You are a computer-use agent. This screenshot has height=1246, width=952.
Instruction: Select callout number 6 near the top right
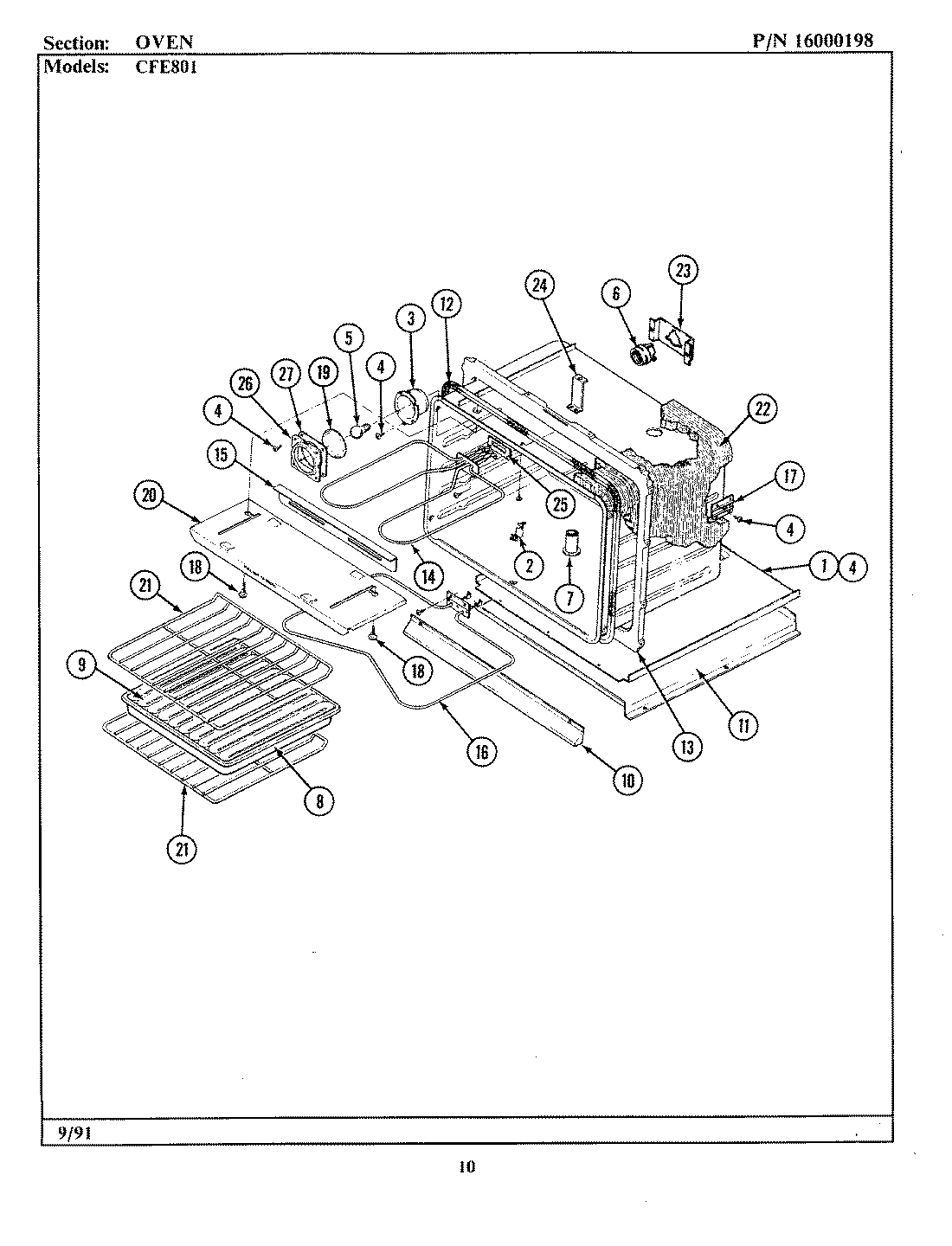coord(616,294)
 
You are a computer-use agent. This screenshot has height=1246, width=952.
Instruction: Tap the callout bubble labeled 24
coord(542,285)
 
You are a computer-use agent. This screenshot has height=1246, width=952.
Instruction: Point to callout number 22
coord(762,409)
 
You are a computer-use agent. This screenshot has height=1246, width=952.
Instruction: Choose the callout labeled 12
coord(447,304)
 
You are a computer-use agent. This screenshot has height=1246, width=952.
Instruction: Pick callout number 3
coord(410,318)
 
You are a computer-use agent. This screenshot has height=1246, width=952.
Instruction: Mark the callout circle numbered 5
coord(349,338)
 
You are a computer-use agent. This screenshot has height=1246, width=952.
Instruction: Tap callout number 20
coord(149,495)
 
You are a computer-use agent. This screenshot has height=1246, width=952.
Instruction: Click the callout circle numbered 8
coord(318,801)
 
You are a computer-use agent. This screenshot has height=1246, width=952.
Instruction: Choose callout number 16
coord(482,752)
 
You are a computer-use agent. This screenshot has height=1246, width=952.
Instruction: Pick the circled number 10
coord(627,780)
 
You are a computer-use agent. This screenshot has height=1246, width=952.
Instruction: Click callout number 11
coord(743,725)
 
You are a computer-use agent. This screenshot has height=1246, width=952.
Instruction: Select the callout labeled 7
coord(569,597)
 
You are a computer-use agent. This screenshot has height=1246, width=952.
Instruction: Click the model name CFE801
coord(165,67)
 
